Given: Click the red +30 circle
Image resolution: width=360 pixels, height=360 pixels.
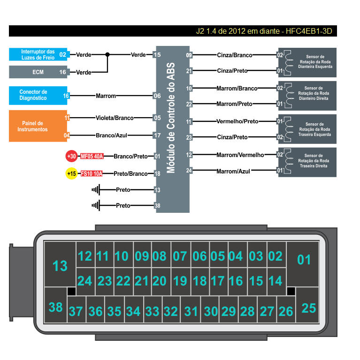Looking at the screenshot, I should [71, 157].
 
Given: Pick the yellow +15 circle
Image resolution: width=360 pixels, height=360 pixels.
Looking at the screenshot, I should [71, 173].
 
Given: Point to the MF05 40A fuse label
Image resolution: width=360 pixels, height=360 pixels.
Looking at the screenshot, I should [92, 157].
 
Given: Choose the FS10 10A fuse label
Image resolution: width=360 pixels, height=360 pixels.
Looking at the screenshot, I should [92, 173].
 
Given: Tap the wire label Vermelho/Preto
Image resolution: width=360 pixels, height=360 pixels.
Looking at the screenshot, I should [237, 121].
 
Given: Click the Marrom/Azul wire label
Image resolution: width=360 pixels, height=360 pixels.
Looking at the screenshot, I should [233, 171].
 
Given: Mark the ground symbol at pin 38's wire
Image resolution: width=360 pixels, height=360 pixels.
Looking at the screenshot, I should [96, 205].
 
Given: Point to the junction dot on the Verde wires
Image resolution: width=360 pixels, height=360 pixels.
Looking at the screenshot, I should [107, 54].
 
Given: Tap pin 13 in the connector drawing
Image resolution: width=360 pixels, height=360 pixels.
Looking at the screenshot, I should [60, 266].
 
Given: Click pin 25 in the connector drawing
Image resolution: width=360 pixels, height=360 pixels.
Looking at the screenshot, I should [308, 308].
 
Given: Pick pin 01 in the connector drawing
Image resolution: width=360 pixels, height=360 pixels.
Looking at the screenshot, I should [304, 259].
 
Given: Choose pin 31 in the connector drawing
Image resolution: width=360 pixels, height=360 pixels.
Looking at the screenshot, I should [191, 311].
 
